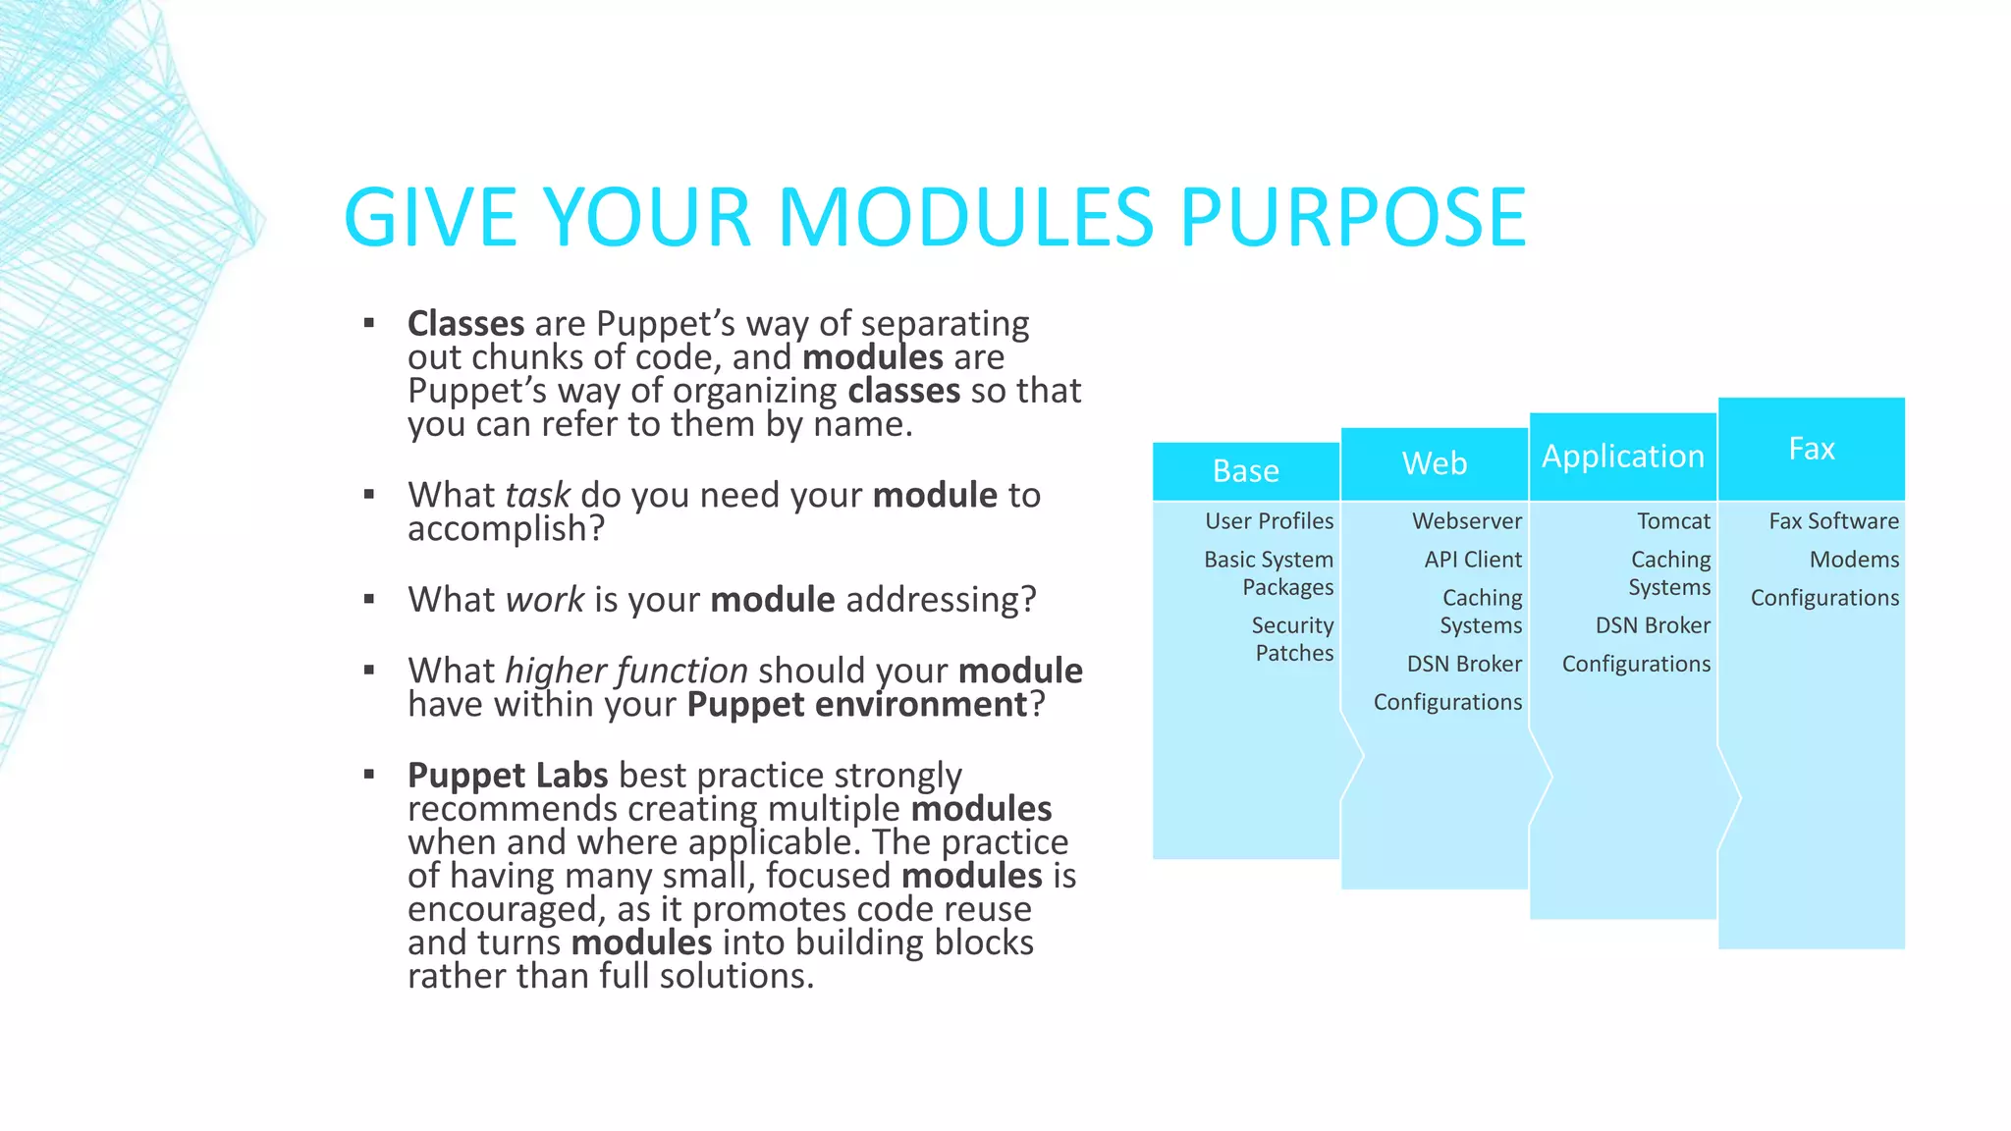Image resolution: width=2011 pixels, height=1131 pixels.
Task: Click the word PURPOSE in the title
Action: pos(1352,218)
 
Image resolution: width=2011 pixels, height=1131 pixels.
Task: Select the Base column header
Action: pos(1245,471)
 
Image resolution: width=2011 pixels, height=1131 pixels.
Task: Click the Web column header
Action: pos(1434,463)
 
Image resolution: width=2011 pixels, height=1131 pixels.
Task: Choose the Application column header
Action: pos(1622,457)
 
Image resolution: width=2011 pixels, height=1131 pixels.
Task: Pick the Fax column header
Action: pos(1811,449)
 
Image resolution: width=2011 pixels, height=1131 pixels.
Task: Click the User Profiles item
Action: pos(1269,521)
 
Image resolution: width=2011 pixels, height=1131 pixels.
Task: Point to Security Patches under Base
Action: pos(1292,639)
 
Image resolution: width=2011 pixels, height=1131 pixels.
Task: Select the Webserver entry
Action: pos(1466,521)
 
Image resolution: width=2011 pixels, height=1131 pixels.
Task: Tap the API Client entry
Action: pos(1472,560)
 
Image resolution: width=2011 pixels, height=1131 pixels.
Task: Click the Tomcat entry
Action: pos(1672,521)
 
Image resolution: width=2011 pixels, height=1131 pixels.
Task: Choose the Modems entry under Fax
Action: pos(1853,560)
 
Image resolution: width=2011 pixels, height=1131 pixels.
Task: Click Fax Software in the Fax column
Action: pos(1833,521)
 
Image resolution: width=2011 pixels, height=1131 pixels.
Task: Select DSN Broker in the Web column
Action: pos(1463,665)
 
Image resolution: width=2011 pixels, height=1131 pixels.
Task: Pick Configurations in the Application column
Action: pos(1635,665)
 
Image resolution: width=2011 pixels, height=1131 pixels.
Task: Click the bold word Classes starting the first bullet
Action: pos(465,323)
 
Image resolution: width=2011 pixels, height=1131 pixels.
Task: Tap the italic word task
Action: pos(537,495)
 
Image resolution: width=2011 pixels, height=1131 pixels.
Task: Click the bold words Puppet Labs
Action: pos(508,776)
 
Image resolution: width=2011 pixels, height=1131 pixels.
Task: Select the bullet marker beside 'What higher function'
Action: pos(369,671)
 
